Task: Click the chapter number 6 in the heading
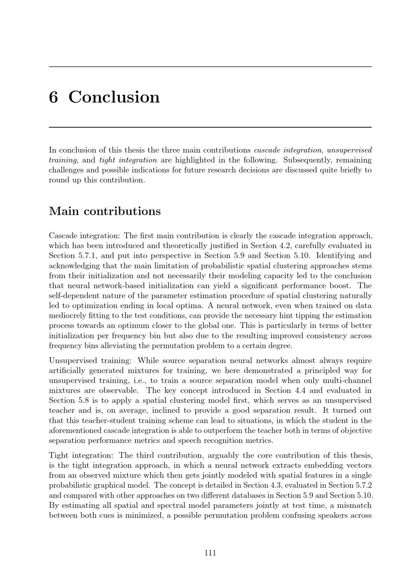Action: tap(53, 97)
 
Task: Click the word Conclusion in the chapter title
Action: tap(114, 97)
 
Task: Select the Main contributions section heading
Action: tap(105, 211)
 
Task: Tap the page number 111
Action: tap(210, 553)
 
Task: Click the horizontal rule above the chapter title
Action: tap(210, 67)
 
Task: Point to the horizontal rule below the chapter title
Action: tap(210, 127)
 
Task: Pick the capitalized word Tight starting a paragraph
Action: tap(58, 455)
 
